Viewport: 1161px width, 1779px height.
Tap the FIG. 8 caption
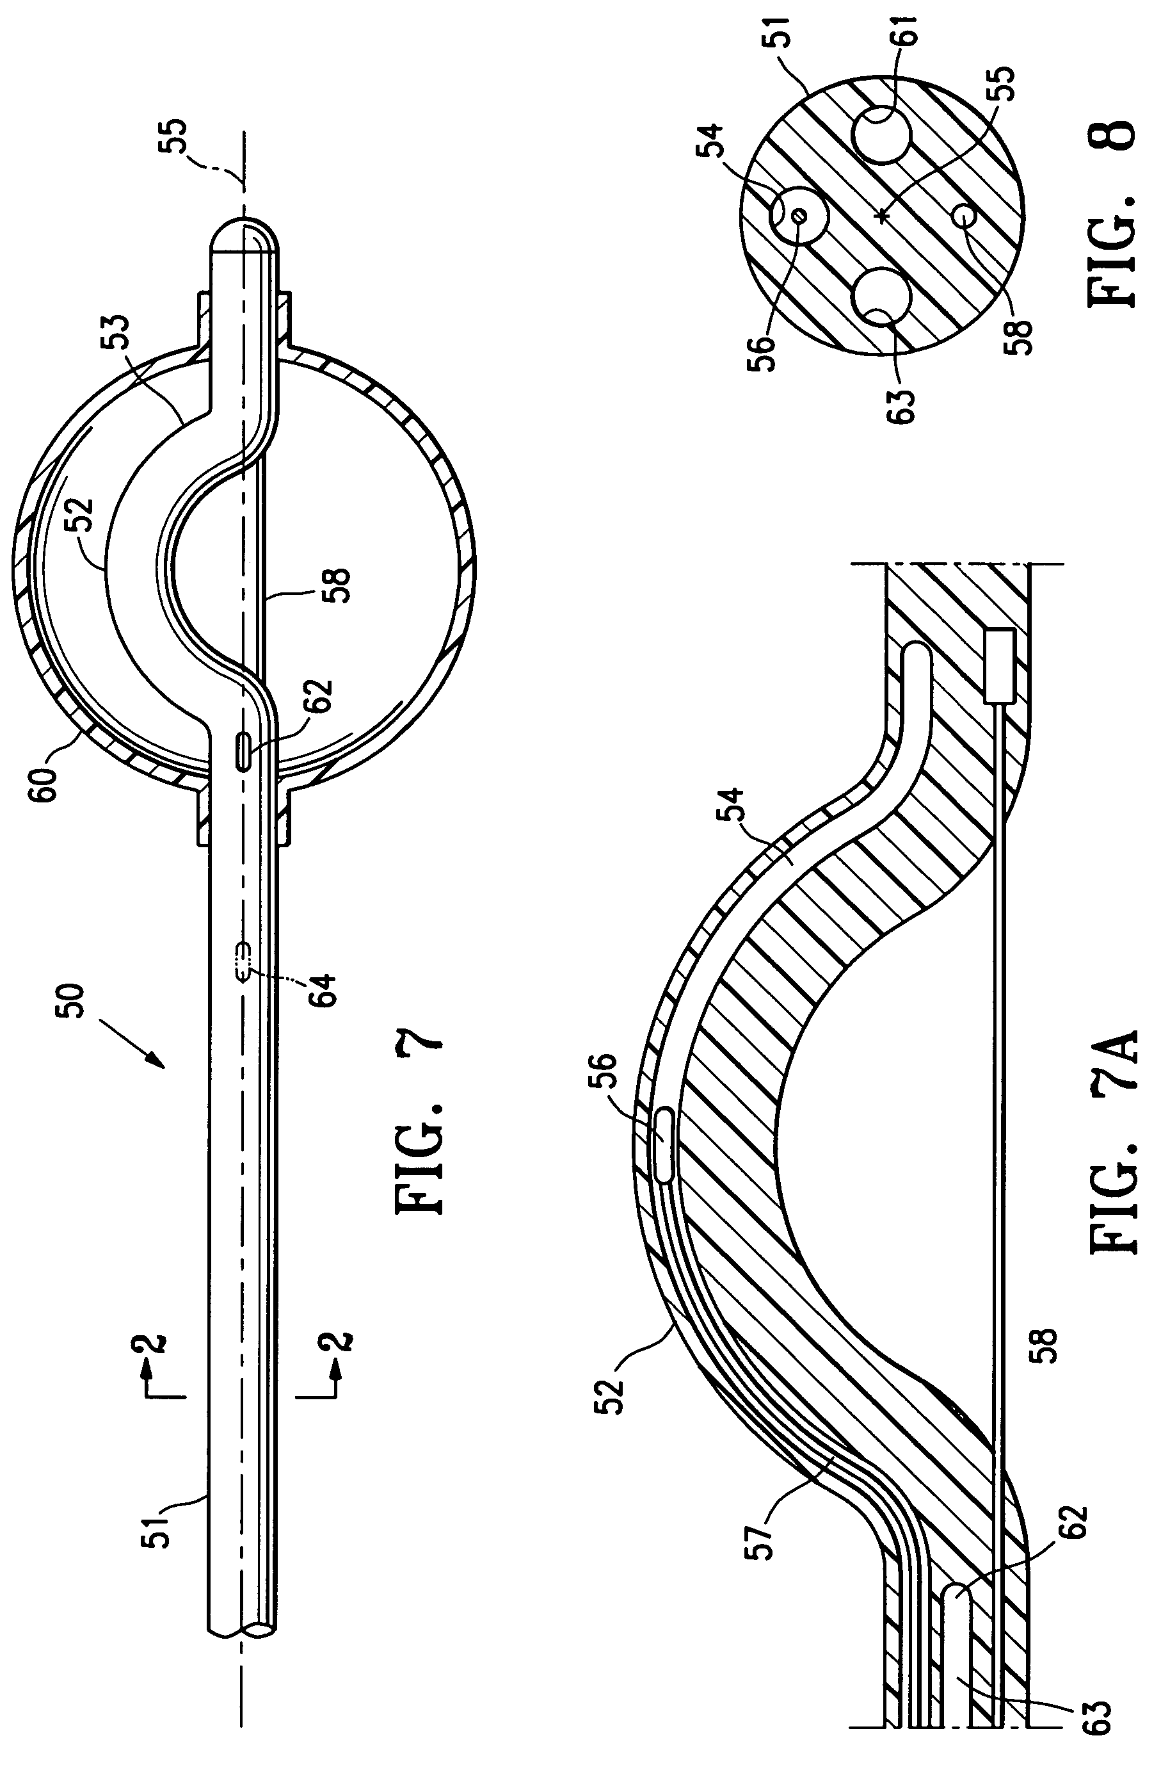(x=1113, y=213)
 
